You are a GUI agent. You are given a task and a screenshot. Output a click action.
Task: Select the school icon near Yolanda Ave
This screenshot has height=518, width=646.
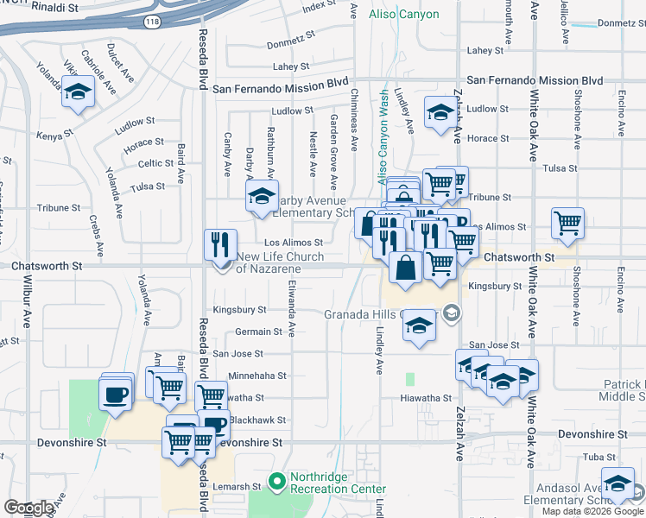coord(79,93)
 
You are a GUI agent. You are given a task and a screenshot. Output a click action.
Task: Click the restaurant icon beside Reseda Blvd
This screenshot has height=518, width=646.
coord(220,244)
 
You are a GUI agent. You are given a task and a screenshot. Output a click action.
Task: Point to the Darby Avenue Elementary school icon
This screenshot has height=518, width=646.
coord(262,196)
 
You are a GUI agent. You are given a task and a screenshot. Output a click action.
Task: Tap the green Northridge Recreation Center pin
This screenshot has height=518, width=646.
coord(276,480)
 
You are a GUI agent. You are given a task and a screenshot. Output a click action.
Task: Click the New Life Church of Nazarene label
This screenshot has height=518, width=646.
coord(280,262)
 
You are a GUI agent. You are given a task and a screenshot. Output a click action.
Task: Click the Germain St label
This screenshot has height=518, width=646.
coord(258,332)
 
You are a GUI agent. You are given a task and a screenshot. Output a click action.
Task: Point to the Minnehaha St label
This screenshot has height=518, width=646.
coord(256,376)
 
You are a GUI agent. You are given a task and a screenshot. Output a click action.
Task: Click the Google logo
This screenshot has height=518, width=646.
coord(28,509)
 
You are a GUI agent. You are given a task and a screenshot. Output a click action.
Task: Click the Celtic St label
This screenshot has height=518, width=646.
coord(156,163)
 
